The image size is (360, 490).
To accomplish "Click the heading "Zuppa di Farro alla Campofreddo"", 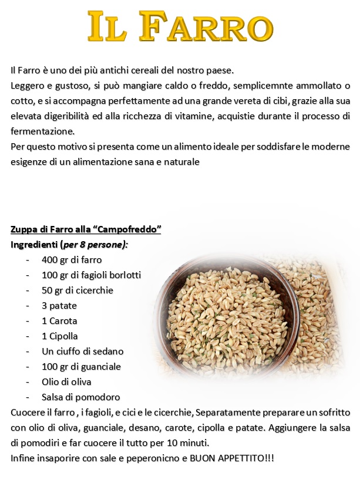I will (86, 229).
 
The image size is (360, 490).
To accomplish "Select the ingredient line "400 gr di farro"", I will (72, 259).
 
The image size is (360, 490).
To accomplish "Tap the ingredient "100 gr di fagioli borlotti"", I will (91, 275).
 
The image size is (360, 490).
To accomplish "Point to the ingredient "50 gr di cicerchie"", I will (77, 290).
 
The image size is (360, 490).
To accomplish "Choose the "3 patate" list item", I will (59, 305).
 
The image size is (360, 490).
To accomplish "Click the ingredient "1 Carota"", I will (59, 320).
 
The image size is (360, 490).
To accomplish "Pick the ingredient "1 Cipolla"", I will (59, 336).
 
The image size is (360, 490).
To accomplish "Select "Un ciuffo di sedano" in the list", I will (82, 351).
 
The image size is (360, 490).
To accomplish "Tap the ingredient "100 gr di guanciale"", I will (81, 366).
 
